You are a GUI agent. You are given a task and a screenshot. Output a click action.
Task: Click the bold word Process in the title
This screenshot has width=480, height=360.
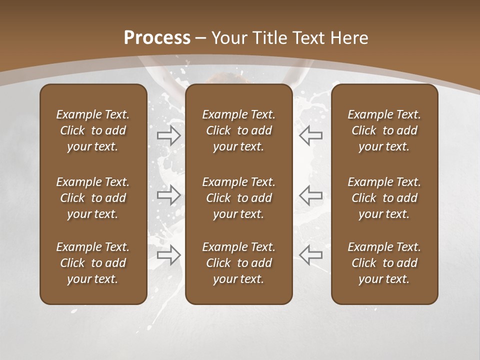[157, 38]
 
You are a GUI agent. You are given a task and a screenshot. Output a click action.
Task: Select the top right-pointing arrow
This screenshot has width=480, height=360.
[169, 135]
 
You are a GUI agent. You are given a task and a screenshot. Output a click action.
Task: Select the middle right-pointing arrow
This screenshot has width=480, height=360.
[169, 195]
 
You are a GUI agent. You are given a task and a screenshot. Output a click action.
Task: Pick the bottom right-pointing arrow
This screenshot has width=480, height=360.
[169, 255]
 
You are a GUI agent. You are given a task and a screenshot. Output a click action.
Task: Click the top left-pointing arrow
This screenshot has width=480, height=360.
[311, 135]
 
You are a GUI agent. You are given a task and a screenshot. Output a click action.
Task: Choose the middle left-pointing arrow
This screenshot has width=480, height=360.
[311, 195]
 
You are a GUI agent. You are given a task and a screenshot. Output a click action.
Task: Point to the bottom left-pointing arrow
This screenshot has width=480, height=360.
[311, 255]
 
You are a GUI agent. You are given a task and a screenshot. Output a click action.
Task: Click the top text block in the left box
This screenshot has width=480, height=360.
[93, 130]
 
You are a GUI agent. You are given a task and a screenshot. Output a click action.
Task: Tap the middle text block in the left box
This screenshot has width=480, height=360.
[93, 198]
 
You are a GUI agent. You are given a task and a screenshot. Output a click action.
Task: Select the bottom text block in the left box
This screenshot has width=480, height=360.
[93, 263]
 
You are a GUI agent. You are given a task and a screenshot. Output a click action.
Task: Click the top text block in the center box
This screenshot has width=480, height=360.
[238, 130]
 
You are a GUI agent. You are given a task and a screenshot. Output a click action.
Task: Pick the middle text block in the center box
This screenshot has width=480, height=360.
[238, 198]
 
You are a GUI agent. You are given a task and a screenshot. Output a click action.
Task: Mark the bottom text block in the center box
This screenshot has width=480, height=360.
[238, 263]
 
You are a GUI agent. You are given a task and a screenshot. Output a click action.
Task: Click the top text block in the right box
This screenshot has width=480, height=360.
[384, 130]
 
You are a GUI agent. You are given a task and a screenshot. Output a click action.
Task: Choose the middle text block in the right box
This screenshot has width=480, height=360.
[384, 198]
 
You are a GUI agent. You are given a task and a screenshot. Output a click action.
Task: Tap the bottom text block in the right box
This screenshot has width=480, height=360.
[384, 263]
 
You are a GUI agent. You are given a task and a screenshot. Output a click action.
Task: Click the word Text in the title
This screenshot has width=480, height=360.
[309, 38]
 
